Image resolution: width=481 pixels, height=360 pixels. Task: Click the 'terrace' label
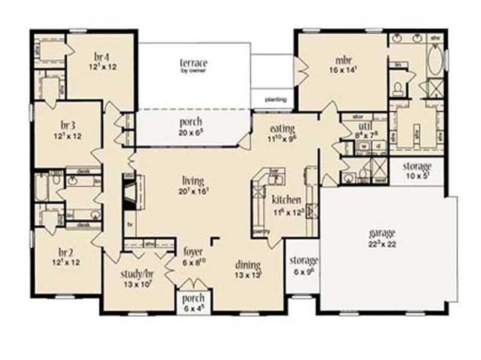(x=194, y=63)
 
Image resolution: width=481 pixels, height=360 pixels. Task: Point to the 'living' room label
(x=193, y=180)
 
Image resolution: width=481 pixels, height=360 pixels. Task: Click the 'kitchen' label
(x=282, y=199)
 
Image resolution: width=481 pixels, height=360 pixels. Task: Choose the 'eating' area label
(x=281, y=129)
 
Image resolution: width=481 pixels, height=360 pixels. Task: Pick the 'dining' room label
(x=248, y=264)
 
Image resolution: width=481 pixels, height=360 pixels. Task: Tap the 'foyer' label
(x=193, y=252)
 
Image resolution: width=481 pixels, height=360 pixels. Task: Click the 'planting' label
(x=275, y=100)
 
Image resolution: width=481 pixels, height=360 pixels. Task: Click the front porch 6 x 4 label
(x=193, y=299)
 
